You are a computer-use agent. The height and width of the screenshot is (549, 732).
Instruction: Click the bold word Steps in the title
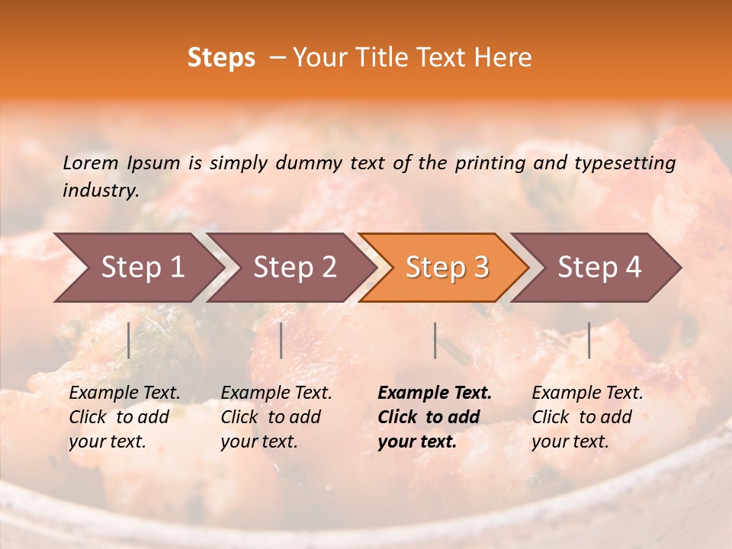coord(221,58)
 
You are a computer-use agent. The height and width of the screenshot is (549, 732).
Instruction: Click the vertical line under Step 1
coord(129,340)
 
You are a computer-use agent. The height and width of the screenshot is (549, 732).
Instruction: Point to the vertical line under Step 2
coord(281,340)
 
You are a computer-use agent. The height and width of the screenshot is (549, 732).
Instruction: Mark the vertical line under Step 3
coord(435,340)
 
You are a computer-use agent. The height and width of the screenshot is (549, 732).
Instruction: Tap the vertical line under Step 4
coord(589,340)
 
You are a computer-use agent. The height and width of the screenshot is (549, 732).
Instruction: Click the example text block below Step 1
coord(124,417)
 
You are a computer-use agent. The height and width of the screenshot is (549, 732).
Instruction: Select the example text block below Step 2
coord(276,417)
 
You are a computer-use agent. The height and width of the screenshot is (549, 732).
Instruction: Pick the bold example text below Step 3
coord(435,417)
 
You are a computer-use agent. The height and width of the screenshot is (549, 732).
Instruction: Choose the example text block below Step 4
coord(587,417)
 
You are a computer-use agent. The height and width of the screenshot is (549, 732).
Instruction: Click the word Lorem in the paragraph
coord(91,162)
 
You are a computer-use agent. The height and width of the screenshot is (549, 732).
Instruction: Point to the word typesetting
coord(625,163)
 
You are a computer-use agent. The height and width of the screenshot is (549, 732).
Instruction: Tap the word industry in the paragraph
coord(101,191)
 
